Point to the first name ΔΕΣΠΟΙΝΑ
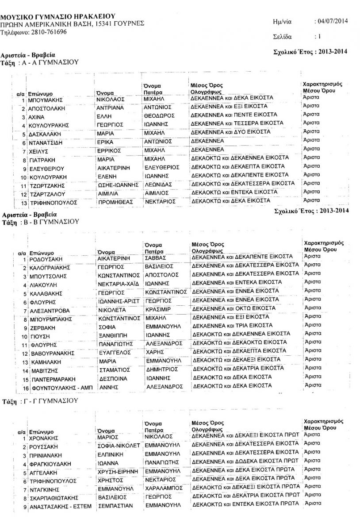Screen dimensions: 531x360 click(x=112, y=379)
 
